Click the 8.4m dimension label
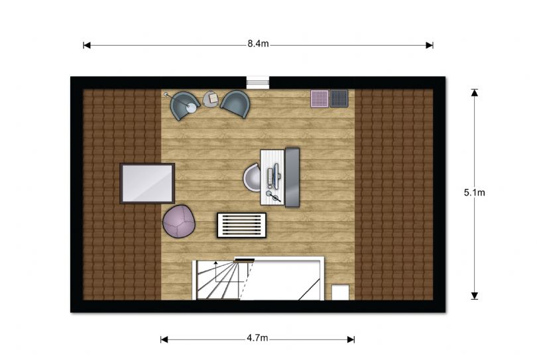pyautogui.click(x=258, y=44)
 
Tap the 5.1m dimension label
pyautogui.click(x=474, y=192)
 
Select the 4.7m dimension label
pyautogui.click(x=257, y=338)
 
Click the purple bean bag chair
pyautogui.click(x=179, y=221)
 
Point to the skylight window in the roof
pyautogui.click(x=147, y=184)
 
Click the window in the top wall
pyautogui.click(x=258, y=83)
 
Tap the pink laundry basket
pyautogui.click(x=320, y=99)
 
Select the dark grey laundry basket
pyautogui.click(x=339, y=98)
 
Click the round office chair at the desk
pyautogui.click(x=252, y=178)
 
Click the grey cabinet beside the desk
pyautogui.click(x=292, y=178)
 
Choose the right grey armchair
pyautogui.click(x=235, y=104)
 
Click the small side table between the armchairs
pyautogui.click(x=211, y=99)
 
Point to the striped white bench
pyautogui.click(x=242, y=225)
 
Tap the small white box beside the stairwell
pyautogui.click(x=340, y=292)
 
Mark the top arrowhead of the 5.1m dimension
pyautogui.click(x=474, y=92)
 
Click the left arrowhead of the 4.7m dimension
pyautogui.click(x=164, y=339)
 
